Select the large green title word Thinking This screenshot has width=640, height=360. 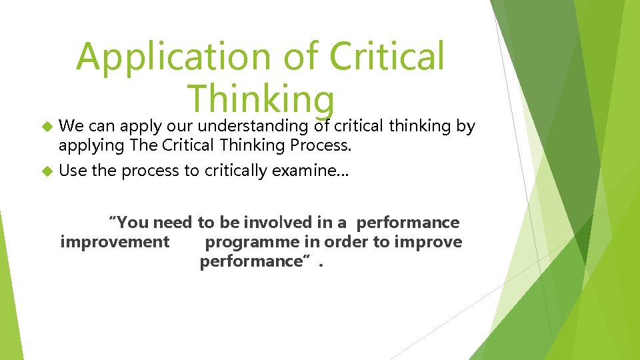pos(260,99)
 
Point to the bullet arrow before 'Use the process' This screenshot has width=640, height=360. pos(47,171)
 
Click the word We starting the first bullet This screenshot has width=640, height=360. pos(70,125)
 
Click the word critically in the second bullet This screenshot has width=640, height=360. pos(237,171)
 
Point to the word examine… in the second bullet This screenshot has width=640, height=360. pos(309,171)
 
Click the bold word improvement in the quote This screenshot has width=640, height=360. pos(115,242)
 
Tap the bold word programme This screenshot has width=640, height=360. pos(247,242)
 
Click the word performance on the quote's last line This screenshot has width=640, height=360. pos(251,261)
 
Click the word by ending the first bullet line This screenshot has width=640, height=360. pos(467,125)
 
